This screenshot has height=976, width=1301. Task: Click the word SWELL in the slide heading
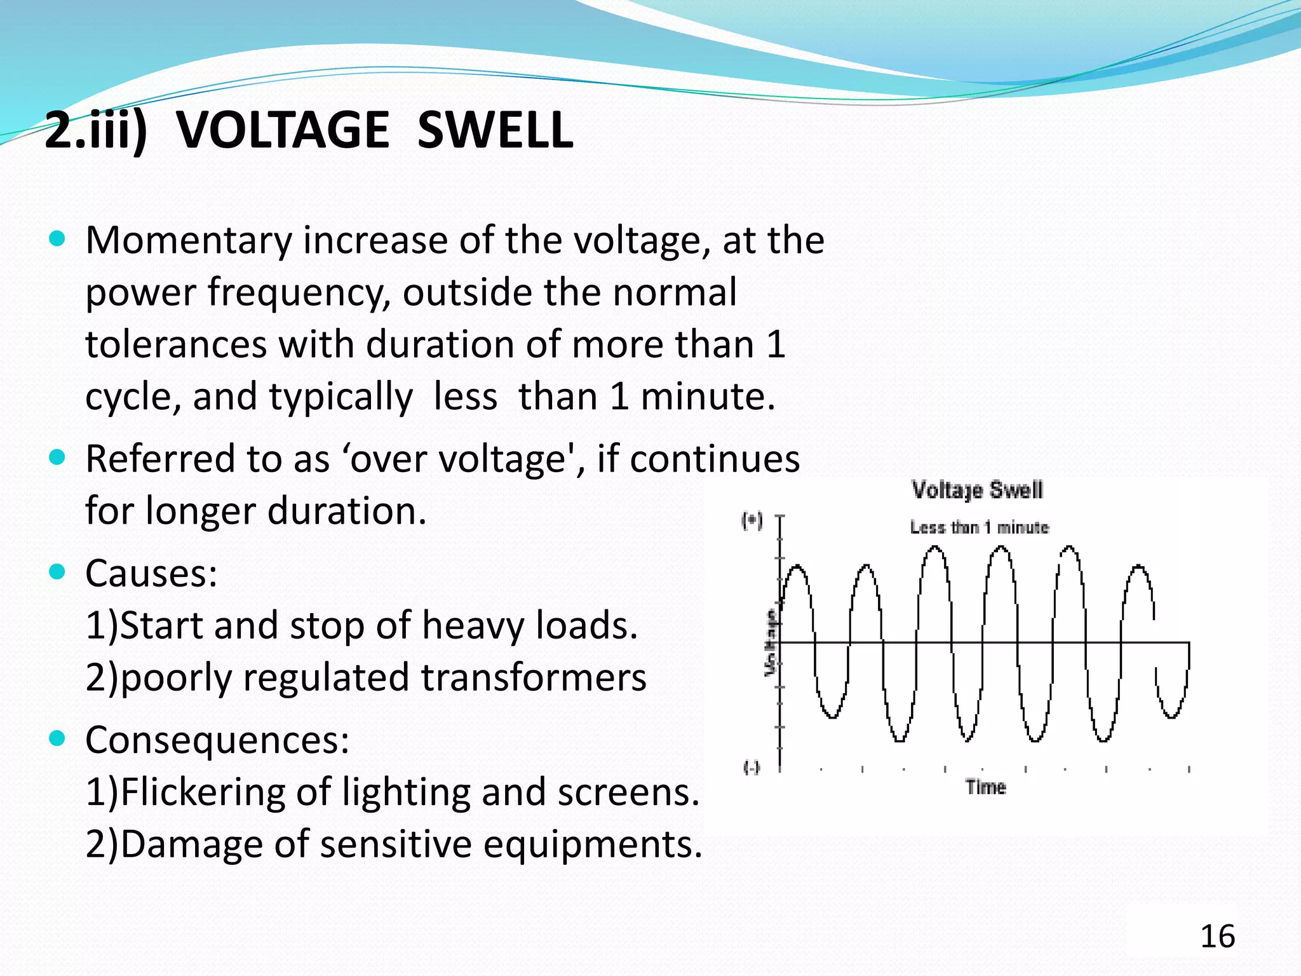pos(495,130)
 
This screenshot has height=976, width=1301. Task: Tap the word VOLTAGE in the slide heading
pos(283,130)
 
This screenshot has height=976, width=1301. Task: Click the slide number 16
pos(1217,937)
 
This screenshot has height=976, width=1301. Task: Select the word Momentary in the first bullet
pos(188,241)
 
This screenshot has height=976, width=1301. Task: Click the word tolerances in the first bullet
pos(176,345)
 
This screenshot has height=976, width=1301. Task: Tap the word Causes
pos(151,574)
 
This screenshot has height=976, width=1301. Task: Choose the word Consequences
pos(217,740)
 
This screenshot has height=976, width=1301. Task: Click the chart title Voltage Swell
pos(977,490)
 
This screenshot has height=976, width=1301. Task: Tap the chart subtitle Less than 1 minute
pos(979,527)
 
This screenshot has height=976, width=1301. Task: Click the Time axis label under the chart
pos(986,787)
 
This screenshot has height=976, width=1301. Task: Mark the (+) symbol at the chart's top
pos(752,521)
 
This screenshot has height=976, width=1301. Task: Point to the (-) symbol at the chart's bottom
pos(752,768)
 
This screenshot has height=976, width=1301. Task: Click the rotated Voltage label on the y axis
pos(771,642)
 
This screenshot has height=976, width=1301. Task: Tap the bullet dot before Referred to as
pos(57,457)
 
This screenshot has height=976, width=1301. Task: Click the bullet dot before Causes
pos(57,573)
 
